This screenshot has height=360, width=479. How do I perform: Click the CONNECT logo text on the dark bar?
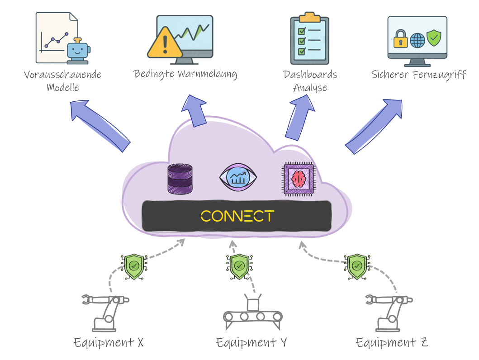pyautogui.click(x=237, y=216)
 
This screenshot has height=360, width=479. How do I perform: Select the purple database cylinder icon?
pyautogui.click(x=180, y=179)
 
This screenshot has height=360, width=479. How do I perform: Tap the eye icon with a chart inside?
pyautogui.click(x=237, y=177)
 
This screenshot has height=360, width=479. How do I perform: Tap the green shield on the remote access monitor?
pyautogui.click(x=434, y=38)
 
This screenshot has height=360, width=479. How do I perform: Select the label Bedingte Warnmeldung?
pyautogui.click(x=185, y=73)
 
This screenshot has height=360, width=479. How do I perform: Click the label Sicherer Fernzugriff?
pyautogui.click(x=418, y=74)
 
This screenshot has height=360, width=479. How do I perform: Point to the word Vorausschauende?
pyautogui.click(x=63, y=74)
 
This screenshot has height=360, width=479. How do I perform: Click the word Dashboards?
pyautogui.click(x=310, y=74)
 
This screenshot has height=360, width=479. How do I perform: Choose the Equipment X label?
pyautogui.click(x=109, y=342)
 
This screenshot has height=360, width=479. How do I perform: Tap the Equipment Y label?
pyautogui.click(x=251, y=342)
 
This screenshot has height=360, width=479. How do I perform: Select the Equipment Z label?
pyautogui.click(x=392, y=342)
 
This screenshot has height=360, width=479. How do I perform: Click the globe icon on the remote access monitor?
pyautogui.click(x=417, y=40)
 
